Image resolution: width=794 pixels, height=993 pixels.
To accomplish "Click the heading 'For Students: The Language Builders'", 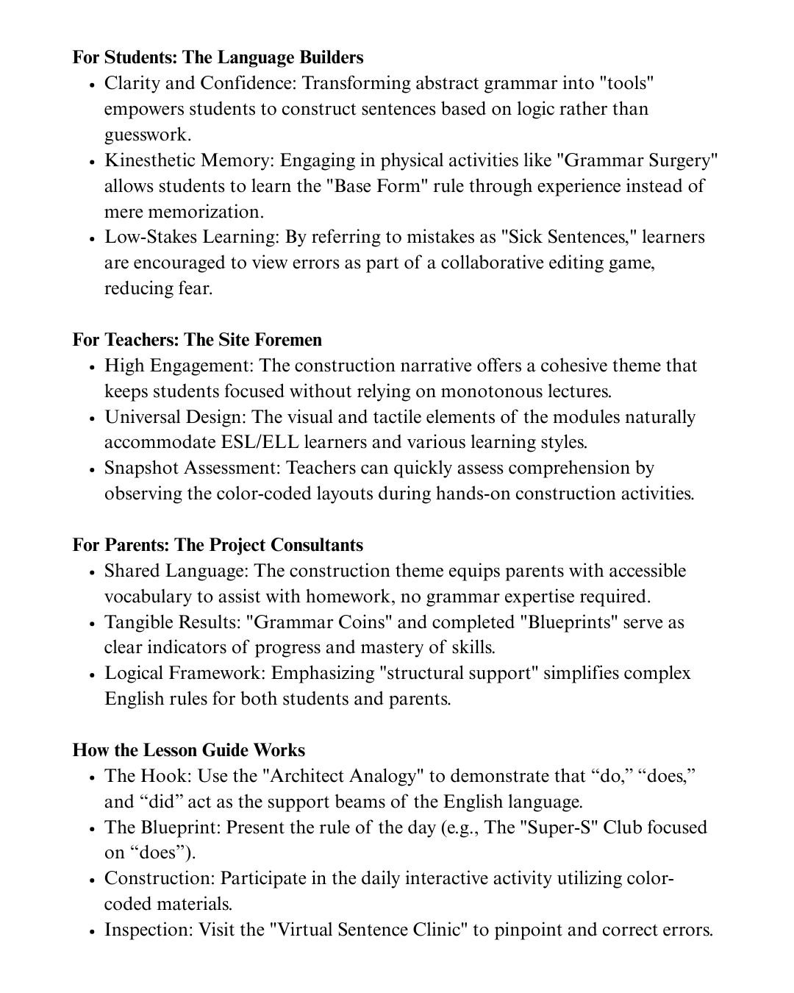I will [x=218, y=57].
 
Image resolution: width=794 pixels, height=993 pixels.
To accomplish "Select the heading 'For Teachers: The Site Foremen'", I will [x=197, y=340].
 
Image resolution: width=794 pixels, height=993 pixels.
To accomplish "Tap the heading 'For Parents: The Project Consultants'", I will [x=218, y=545].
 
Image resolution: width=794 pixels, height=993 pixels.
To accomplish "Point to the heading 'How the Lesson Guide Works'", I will [x=188, y=750].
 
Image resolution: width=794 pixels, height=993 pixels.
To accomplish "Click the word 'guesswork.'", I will [x=148, y=135].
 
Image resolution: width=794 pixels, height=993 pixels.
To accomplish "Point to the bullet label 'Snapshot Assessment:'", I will [x=193, y=468].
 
